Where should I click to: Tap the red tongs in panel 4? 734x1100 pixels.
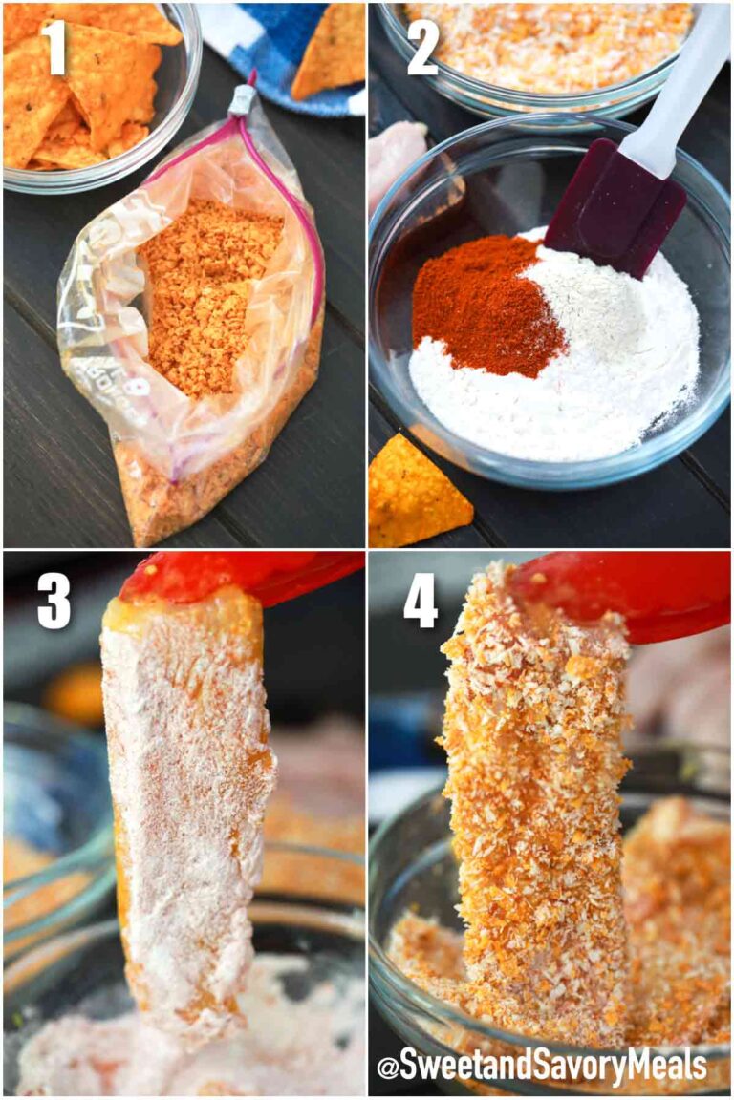click(x=631, y=592)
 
